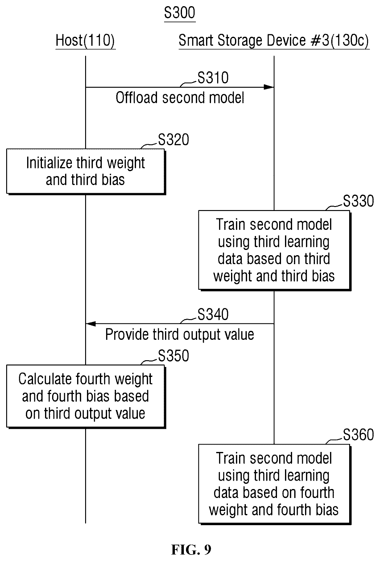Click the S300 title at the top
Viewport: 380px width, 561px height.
[x=180, y=13]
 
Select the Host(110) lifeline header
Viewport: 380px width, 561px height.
[x=85, y=41]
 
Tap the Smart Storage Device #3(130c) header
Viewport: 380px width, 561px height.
[x=274, y=41]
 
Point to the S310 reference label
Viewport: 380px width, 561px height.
[x=213, y=78]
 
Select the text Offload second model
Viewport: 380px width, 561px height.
[x=180, y=98]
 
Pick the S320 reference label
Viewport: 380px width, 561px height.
[x=173, y=140]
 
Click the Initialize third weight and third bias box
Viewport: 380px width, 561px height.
[x=85, y=171]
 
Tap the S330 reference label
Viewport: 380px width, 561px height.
[x=358, y=201]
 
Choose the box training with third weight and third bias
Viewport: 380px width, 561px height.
[x=274, y=250]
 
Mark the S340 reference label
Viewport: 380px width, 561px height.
[x=213, y=314]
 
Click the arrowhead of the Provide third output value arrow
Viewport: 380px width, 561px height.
[x=91, y=324]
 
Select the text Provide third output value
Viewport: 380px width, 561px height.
[x=180, y=335]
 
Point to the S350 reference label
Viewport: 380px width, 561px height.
[x=173, y=356]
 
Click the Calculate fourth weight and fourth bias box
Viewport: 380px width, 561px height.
[x=85, y=396]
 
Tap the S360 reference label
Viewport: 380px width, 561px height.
[x=358, y=435]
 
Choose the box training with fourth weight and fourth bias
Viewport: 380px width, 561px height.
[x=274, y=484]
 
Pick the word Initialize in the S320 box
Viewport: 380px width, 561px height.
[x=49, y=163]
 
